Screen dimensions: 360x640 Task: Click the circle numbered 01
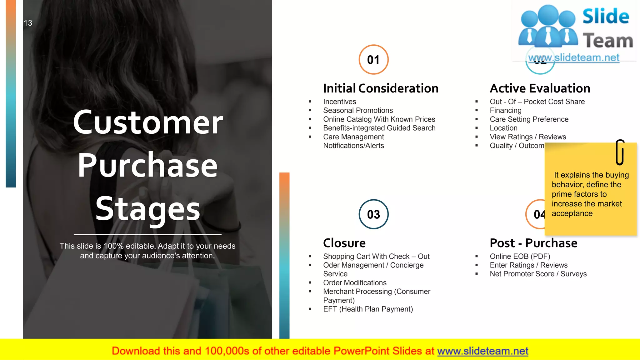[x=373, y=59]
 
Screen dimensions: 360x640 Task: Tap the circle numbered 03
[x=373, y=214]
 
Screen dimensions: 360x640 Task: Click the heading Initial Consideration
[x=381, y=88]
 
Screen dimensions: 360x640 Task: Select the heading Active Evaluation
[x=540, y=88]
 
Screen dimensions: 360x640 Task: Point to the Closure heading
[x=344, y=243]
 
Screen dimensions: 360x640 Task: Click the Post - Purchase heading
[x=533, y=243]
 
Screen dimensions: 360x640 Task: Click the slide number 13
[x=28, y=23]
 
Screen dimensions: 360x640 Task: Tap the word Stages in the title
[x=147, y=209]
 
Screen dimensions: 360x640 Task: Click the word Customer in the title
[x=148, y=122]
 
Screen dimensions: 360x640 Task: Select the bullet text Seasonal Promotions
[x=358, y=110]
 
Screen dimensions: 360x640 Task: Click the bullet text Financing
[x=505, y=110]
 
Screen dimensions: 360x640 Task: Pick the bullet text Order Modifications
[x=355, y=282]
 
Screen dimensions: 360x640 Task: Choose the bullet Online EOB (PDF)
[x=520, y=256]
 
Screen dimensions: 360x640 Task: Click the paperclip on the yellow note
[x=620, y=152]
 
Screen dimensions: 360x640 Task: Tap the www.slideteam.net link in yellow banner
[x=482, y=351]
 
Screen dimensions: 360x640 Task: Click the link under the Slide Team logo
[x=573, y=57]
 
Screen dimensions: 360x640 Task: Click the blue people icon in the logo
[x=548, y=27]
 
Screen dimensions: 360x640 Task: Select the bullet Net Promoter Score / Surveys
[x=538, y=274]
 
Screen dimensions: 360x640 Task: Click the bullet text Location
[x=503, y=128]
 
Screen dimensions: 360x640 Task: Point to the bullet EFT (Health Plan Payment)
[x=368, y=309]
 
